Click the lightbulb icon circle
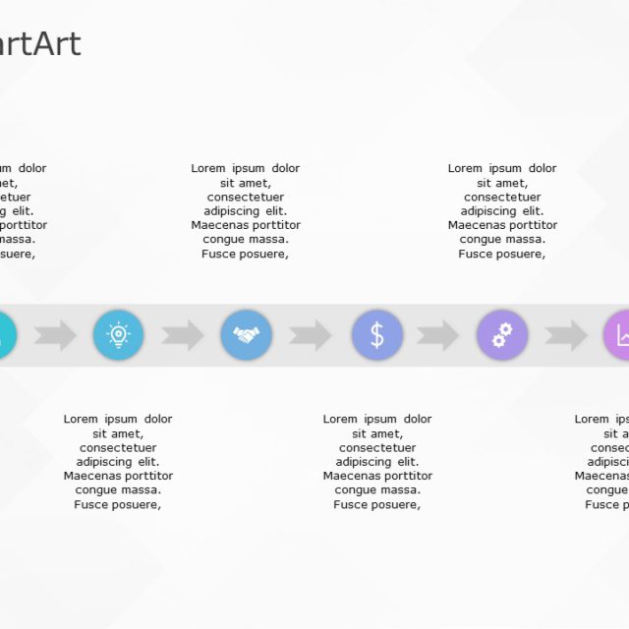click(118, 335)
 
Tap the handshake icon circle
click(246, 335)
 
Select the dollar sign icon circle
click(377, 335)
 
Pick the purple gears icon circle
click(502, 335)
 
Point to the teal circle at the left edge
click(5, 335)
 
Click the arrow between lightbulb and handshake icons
click(183, 335)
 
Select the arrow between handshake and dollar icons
click(311, 335)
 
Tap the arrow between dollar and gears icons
click(437, 335)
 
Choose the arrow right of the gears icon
click(566, 335)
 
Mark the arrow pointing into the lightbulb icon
click(55, 335)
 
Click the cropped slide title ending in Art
click(39, 44)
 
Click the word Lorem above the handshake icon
click(208, 169)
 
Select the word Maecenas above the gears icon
click(476, 225)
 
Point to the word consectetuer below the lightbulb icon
click(118, 448)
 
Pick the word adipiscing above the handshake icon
click(231, 211)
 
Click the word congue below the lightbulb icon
click(95, 490)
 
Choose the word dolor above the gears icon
click(543, 169)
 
